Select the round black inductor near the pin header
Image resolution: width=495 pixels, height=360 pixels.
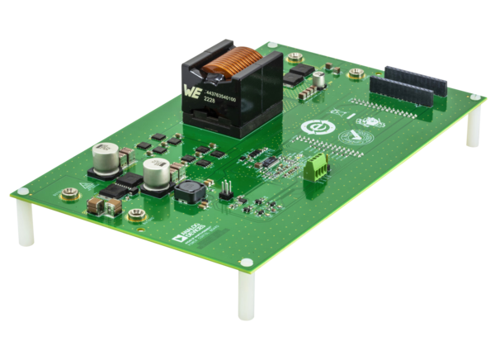[x=187, y=194]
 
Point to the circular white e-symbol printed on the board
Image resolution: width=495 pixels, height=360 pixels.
[x=313, y=129]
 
